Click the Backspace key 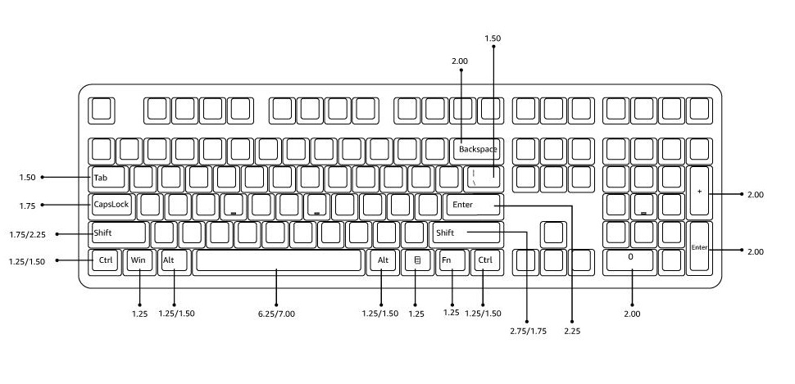click(477, 149)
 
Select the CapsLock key click(112, 205)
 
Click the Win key click(138, 261)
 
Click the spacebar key click(279, 261)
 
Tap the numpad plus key click(699, 192)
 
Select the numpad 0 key click(629, 261)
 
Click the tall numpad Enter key click(699, 247)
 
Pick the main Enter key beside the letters click(473, 205)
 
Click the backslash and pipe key click(484, 177)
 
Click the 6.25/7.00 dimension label click(276, 314)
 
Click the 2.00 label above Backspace click(460, 61)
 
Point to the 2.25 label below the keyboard click(572, 331)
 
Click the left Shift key click(118, 233)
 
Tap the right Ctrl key click(485, 261)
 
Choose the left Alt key click(174, 261)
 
